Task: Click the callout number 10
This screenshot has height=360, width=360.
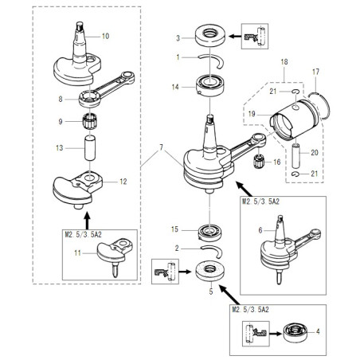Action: (106, 37)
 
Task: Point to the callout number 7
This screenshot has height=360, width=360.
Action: (162, 149)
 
